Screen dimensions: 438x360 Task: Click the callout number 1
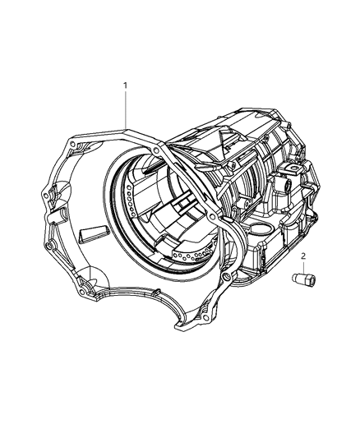pos(126,85)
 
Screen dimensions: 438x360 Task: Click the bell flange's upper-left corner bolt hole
pos(75,145)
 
